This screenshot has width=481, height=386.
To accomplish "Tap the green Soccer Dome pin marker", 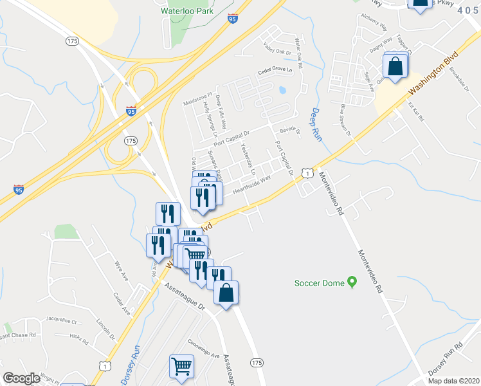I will tap(352, 281).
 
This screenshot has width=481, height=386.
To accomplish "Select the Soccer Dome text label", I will tap(319, 282).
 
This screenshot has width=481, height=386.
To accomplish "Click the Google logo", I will tap(21, 378).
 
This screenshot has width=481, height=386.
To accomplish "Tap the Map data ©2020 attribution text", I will tap(453, 381).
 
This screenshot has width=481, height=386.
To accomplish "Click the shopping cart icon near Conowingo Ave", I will tap(182, 366).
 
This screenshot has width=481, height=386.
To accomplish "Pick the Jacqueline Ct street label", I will tap(61, 320).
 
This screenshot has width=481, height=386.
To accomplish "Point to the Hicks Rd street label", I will tap(79, 336).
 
